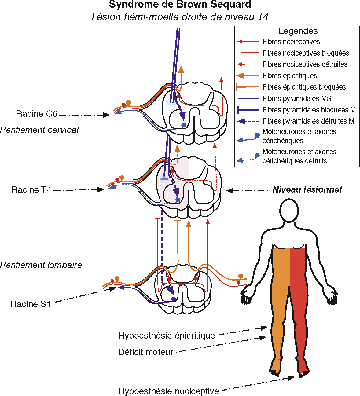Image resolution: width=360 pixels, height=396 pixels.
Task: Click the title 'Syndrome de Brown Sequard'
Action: pyautogui.click(x=180, y=5)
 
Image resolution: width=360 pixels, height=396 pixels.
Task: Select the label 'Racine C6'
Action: pyautogui.click(x=36, y=114)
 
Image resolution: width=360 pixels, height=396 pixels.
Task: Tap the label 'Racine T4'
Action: pyautogui.click(x=31, y=190)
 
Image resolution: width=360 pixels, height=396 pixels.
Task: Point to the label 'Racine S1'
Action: pyautogui.click(x=30, y=304)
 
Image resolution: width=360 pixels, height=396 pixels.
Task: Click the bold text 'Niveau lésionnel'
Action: pyautogui.click(x=307, y=189)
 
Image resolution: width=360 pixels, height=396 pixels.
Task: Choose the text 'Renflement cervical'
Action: pyautogui.click(x=39, y=130)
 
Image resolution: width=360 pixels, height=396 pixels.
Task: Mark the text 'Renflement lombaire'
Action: pyautogui.click(x=41, y=265)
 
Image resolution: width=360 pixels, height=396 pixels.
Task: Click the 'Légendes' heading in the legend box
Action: pyautogui.click(x=298, y=31)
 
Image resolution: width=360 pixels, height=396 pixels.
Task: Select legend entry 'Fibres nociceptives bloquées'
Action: pyautogui.click(x=305, y=53)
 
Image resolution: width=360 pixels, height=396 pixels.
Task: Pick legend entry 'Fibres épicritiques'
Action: pyautogui.click(x=289, y=76)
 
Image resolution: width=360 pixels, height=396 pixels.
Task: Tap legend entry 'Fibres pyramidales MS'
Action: pyautogui.click(x=296, y=98)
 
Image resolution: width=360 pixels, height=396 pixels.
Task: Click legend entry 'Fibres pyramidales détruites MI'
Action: pyautogui.click(x=309, y=121)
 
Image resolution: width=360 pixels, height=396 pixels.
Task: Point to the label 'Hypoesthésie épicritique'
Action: pyautogui.click(x=167, y=335)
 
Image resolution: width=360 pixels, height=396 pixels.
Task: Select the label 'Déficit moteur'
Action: pyautogui.click(x=145, y=352)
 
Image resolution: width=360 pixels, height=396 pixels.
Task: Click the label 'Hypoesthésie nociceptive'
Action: pyautogui.click(x=168, y=391)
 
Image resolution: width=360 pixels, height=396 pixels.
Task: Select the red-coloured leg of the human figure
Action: pyautogui.click(x=299, y=306)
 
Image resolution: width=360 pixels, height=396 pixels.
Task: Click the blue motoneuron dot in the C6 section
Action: pyautogui.click(x=184, y=125)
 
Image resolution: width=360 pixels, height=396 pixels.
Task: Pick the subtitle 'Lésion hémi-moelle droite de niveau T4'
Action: pyautogui.click(x=180, y=16)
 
